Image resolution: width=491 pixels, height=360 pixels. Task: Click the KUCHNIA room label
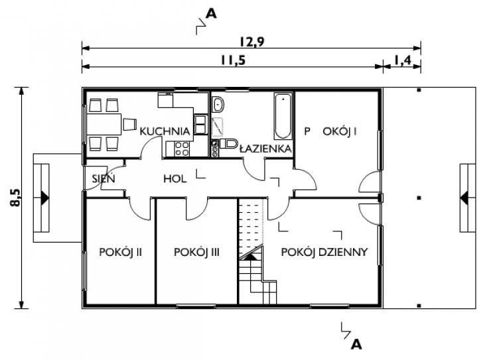click(x=165, y=131)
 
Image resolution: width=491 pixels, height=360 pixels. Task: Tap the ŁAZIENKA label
click(x=265, y=149)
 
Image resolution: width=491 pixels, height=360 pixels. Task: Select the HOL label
click(x=175, y=179)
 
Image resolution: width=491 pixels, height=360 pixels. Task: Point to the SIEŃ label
click(x=104, y=178)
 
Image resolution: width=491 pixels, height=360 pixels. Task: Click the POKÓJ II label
click(x=121, y=252)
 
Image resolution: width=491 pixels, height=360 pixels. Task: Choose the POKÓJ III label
click(x=196, y=252)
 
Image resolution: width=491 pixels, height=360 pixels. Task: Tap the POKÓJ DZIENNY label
click(x=324, y=252)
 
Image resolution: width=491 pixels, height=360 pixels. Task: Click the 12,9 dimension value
click(x=251, y=42)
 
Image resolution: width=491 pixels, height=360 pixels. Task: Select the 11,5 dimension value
click(x=233, y=60)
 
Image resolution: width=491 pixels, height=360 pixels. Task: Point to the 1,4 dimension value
click(x=402, y=60)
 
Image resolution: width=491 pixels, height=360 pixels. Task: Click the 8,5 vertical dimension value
click(x=16, y=198)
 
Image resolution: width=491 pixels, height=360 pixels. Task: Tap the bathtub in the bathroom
click(x=283, y=116)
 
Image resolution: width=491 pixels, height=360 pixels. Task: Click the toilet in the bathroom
click(x=229, y=144)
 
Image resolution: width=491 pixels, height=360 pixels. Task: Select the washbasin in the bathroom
click(x=218, y=104)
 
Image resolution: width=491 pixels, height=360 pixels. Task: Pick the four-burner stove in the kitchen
click(x=182, y=149)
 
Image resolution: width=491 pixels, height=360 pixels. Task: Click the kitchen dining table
click(x=104, y=125)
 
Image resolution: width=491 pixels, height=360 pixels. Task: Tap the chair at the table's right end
click(x=129, y=124)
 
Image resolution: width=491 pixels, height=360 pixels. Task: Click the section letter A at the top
click(x=211, y=13)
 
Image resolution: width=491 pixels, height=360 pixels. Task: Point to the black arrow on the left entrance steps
click(x=44, y=198)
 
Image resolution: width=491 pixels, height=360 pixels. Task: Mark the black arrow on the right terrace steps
click(x=464, y=198)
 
